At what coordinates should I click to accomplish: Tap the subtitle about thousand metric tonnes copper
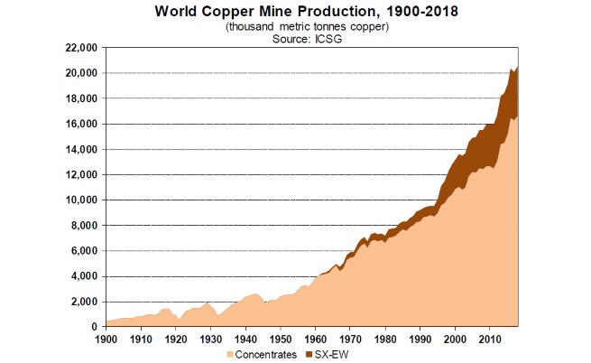295,27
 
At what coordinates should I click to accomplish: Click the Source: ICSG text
295,40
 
